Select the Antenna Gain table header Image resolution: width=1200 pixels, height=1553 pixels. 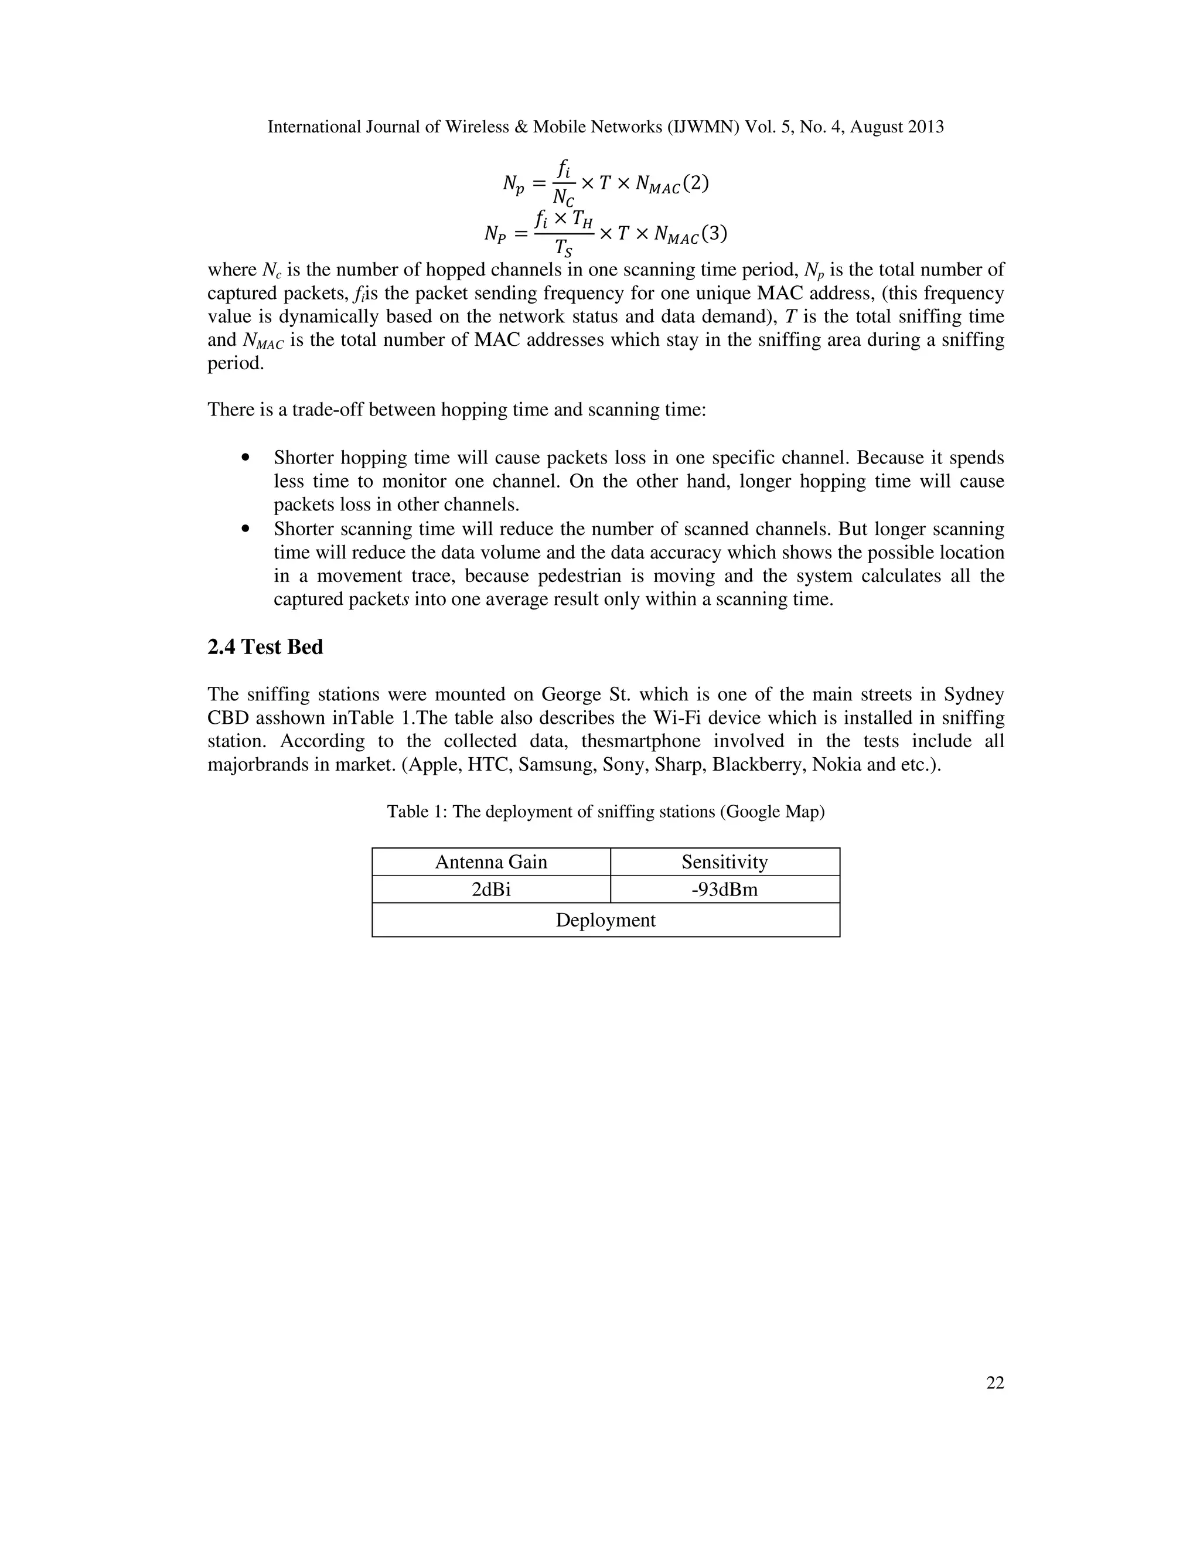(x=490, y=862)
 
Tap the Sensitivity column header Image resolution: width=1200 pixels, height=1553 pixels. (x=724, y=862)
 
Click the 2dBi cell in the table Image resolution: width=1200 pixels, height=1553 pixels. (x=490, y=890)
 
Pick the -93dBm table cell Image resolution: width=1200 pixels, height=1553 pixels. (x=724, y=890)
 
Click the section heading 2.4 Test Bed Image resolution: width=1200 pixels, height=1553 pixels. (x=265, y=647)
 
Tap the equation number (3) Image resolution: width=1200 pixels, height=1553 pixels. (x=713, y=233)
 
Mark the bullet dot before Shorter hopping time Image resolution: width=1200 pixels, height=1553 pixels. (x=246, y=458)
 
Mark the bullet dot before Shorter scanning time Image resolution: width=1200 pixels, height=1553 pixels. (x=246, y=529)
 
